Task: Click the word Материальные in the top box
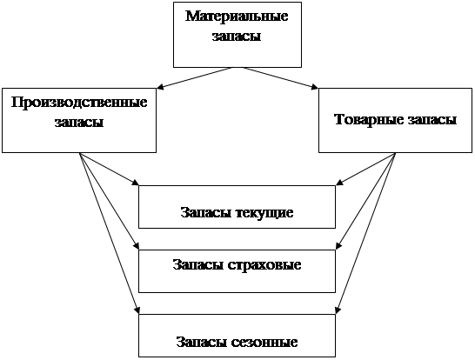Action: (237, 16)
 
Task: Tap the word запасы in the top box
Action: (237, 37)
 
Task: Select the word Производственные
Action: (79, 103)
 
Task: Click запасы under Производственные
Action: (79, 123)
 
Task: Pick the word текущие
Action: (264, 213)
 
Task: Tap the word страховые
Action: (264, 265)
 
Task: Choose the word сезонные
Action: (264, 342)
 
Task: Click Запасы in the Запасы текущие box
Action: (206, 212)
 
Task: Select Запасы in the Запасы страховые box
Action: (198, 264)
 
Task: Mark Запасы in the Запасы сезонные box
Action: (202, 342)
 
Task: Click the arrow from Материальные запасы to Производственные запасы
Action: (195, 78)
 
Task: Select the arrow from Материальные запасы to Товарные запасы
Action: (280, 78)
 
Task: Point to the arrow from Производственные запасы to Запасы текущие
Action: (109, 169)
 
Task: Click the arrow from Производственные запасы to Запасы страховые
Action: (109, 201)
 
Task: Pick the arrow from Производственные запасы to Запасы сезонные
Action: (110, 233)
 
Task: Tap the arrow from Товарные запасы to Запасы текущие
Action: (365, 169)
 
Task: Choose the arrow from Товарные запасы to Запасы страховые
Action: (365, 201)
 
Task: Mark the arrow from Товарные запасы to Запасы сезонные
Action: (365, 233)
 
